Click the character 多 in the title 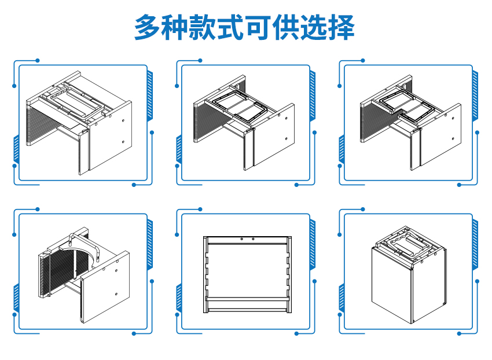click(x=147, y=27)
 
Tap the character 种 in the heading click(x=175, y=27)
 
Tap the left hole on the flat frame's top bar click(x=241, y=238)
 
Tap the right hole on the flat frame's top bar click(x=253, y=238)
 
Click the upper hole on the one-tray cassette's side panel click(x=123, y=120)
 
